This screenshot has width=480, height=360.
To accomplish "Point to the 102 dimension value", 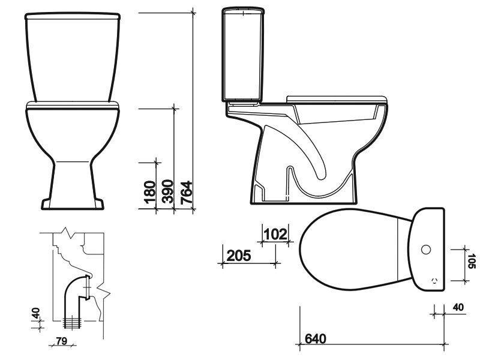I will coord(275,234).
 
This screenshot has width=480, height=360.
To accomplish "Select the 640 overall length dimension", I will coord(316,339).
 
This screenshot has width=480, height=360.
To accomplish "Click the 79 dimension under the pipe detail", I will coord(61,341).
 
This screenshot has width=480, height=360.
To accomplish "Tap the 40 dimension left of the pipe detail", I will coord(36,313).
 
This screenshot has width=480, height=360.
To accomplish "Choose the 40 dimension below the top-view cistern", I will coord(458,307).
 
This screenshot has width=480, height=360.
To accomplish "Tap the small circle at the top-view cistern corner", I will coord(434,280).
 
